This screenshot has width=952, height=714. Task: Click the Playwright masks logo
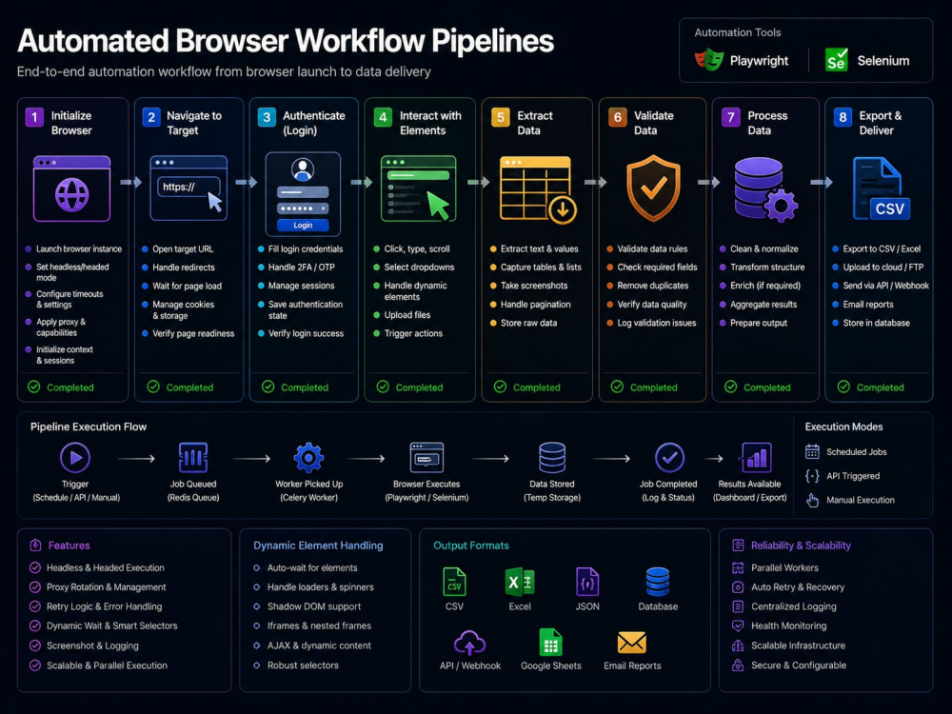click(709, 59)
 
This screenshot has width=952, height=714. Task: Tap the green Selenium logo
click(836, 59)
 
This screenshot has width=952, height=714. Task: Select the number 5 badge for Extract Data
click(501, 117)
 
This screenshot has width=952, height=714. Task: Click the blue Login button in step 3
click(303, 226)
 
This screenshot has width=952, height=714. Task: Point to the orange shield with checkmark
click(653, 188)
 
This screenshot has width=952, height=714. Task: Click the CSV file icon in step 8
click(882, 188)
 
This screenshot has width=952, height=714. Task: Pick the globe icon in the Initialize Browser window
click(71, 195)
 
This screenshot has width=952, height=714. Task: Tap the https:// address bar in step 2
click(188, 187)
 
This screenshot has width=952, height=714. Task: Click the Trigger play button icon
click(75, 458)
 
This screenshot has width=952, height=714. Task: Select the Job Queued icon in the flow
click(193, 457)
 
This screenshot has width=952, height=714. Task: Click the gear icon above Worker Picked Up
click(308, 457)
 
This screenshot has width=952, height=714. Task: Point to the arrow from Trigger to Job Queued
click(136, 459)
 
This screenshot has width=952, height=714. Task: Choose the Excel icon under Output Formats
click(520, 583)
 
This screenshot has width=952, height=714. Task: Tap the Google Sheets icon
click(550, 643)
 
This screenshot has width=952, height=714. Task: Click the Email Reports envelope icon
click(632, 643)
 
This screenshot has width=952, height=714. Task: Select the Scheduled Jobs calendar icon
click(812, 451)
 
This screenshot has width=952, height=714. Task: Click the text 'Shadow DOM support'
click(314, 606)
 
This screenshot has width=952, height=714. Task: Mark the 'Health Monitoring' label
click(788, 626)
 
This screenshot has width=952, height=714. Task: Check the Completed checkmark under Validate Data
click(617, 387)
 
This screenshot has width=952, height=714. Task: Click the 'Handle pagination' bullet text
click(535, 305)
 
